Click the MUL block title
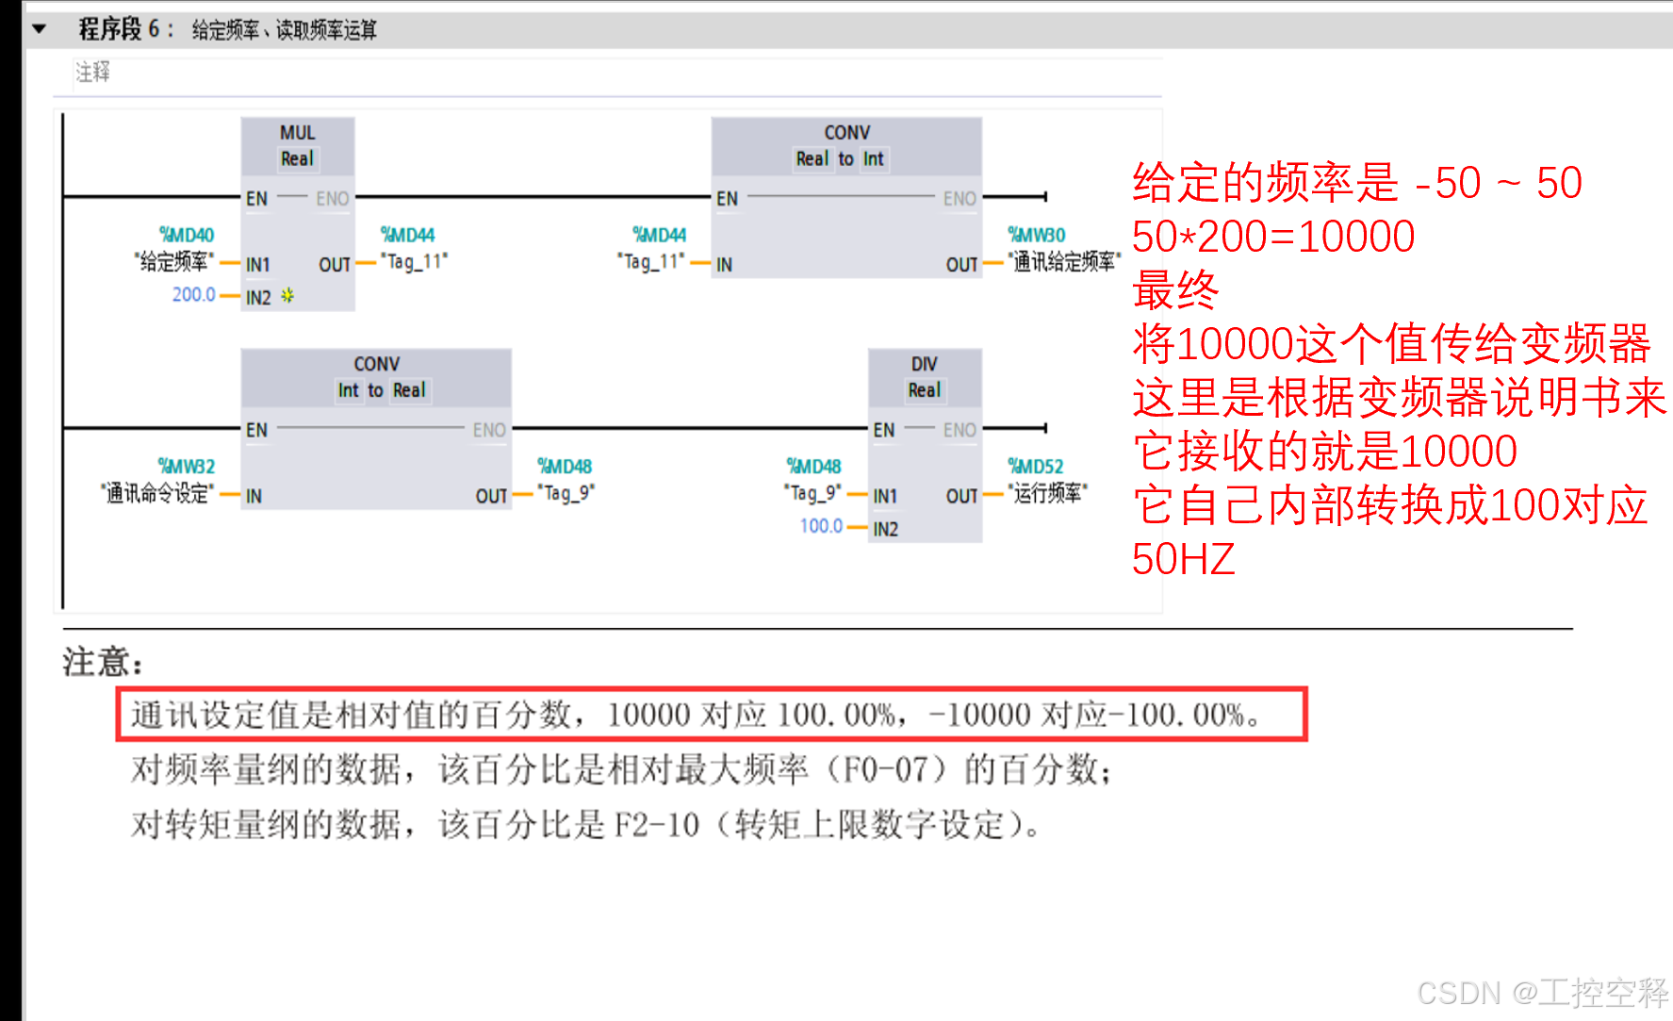297,133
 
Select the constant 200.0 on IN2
193,295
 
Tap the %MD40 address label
186,235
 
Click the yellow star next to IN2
287,296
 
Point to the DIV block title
924,364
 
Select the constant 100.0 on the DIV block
821,526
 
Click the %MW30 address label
1036,235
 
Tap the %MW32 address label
186,467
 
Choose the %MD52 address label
1035,467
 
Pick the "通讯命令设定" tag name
156,493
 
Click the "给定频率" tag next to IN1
173,261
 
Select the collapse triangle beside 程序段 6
39,29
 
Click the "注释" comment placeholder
92,73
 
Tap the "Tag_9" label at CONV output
566,493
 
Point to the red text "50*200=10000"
1272,237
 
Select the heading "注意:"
103,662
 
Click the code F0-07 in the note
885,770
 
